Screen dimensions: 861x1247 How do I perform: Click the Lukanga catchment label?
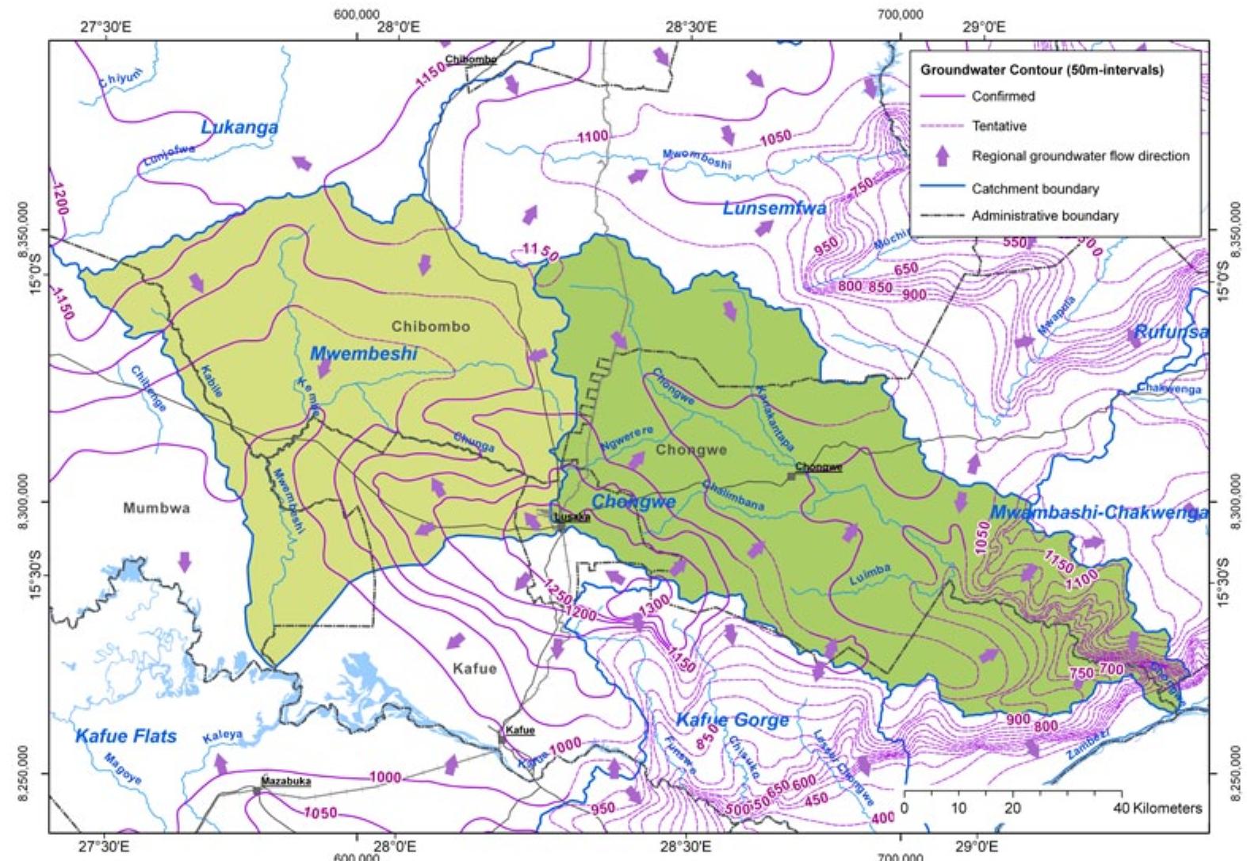(x=239, y=127)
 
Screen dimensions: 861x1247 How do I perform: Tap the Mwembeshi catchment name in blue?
(x=363, y=354)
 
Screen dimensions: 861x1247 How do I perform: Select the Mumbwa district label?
(x=156, y=508)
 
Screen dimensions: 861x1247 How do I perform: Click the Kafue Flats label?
(x=126, y=736)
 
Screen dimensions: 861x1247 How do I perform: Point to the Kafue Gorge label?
(x=733, y=720)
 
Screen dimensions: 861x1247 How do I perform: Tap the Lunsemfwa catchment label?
(x=774, y=209)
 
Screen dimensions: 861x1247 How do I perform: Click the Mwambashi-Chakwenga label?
(x=1100, y=512)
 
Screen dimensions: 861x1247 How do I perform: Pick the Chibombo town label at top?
(x=471, y=59)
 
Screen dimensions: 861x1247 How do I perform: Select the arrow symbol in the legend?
(x=942, y=156)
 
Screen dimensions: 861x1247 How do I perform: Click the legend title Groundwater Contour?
(x=1042, y=70)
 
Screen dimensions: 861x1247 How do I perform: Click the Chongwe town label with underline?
(x=817, y=468)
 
